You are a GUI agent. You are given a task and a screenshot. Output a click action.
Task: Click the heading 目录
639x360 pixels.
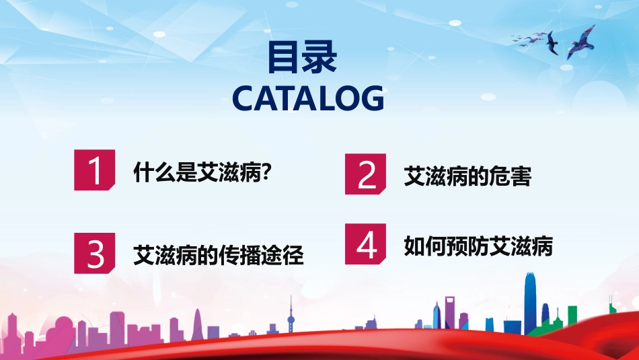[x=301, y=58]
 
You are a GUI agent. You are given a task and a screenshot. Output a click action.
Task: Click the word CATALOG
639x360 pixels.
[x=308, y=98]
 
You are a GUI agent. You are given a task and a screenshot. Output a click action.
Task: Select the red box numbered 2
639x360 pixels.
[x=367, y=174]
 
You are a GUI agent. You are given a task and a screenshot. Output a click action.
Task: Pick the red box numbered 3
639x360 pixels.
[x=96, y=253]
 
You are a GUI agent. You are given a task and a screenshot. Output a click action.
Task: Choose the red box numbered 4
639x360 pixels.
[x=367, y=244]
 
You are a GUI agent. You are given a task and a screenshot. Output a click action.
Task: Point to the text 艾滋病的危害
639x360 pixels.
[x=467, y=176]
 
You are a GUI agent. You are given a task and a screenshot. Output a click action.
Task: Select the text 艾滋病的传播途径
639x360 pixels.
[x=219, y=255]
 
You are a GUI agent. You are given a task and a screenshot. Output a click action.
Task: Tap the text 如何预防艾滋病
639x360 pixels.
[x=478, y=246]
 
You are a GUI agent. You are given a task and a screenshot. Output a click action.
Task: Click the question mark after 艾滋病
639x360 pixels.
[x=266, y=172]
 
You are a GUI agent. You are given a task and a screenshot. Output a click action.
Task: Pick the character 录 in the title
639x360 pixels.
[x=319, y=58]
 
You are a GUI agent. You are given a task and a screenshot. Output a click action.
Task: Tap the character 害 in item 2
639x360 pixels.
[x=521, y=176]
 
